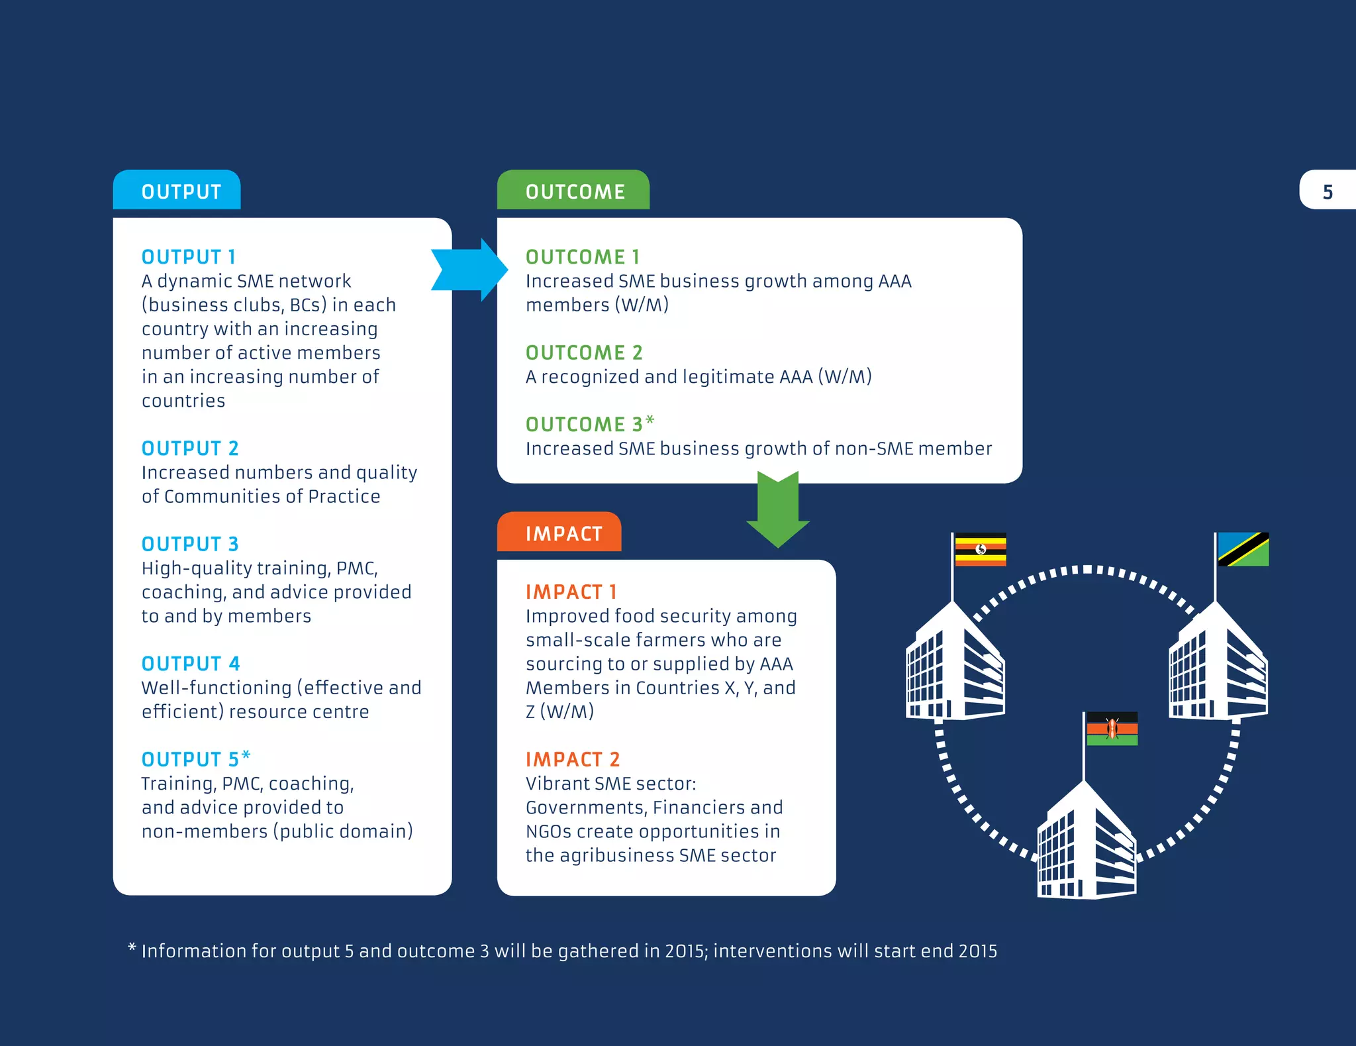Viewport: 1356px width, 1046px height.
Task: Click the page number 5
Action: (1328, 192)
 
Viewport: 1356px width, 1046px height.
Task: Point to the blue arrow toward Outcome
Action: (469, 270)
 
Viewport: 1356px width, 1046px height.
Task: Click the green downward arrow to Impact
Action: (778, 509)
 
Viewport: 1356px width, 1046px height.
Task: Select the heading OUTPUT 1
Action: (189, 256)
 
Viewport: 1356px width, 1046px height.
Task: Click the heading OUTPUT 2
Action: (190, 448)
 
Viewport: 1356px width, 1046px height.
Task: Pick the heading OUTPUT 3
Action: (190, 544)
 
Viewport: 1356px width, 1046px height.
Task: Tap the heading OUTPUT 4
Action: (191, 663)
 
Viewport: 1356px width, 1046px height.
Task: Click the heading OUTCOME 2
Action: (584, 352)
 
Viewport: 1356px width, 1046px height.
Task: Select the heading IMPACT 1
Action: (571, 592)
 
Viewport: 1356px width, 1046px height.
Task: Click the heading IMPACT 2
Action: (573, 759)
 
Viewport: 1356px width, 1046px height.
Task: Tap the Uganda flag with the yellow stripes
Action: (980, 549)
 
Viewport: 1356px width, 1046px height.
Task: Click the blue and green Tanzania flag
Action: (1243, 549)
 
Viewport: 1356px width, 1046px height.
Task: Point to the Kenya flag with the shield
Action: (1112, 729)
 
